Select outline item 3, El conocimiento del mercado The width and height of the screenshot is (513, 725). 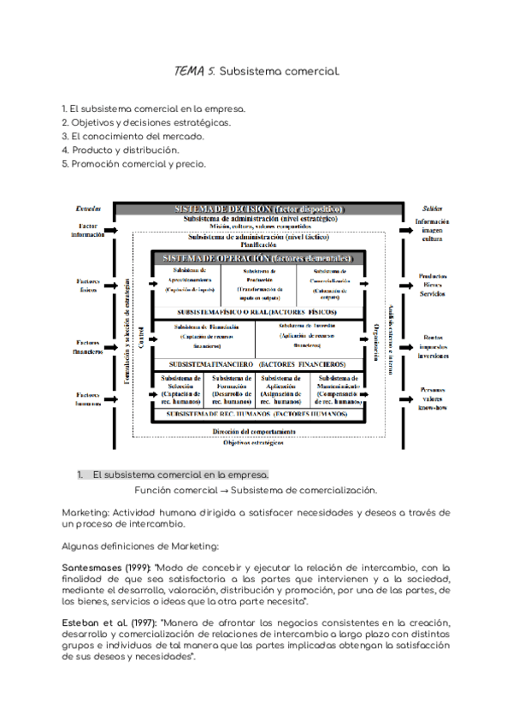[x=133, y=136]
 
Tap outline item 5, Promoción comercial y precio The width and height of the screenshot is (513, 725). [x=133, y=163]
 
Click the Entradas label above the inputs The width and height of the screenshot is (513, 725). [x=88, y=209]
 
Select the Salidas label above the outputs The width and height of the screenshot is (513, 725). [x=432, y=209]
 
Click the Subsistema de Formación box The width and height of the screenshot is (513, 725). [x=231, y=390]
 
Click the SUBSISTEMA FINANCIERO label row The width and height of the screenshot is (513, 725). [x=256, y=365]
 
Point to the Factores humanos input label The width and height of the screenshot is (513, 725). [x=88, y=398]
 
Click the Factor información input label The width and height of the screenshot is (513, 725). [x=88, y=230]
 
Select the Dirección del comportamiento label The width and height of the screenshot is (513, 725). [x=256, y=433]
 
